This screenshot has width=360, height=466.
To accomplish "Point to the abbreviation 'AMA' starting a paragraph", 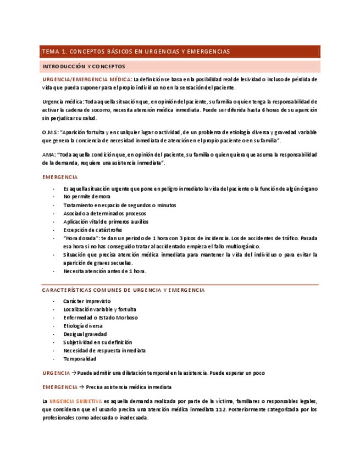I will click(x=48, y=155).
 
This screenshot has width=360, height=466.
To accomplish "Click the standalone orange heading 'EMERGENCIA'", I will click(x=60, y=177).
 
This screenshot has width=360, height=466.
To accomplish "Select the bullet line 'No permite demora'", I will click(x=86, y=196).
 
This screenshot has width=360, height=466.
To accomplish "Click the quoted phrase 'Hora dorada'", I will click(x=83, y=238).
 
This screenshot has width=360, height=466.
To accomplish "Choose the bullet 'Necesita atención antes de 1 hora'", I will click(x=104, y=271).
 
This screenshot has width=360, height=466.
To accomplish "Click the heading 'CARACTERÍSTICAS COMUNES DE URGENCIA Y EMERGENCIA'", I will click(x=123, y=290).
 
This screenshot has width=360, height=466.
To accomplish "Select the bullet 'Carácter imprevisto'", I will click(x=87, y=301).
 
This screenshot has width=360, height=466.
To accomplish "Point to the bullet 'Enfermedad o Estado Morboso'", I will click(x=100, y=318).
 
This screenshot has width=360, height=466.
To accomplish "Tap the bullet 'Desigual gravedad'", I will click(x=85, y=334).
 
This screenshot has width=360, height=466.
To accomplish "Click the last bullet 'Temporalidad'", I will click(x=79, y=359).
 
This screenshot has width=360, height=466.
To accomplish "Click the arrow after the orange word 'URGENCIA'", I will click(x=74, y=373).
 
